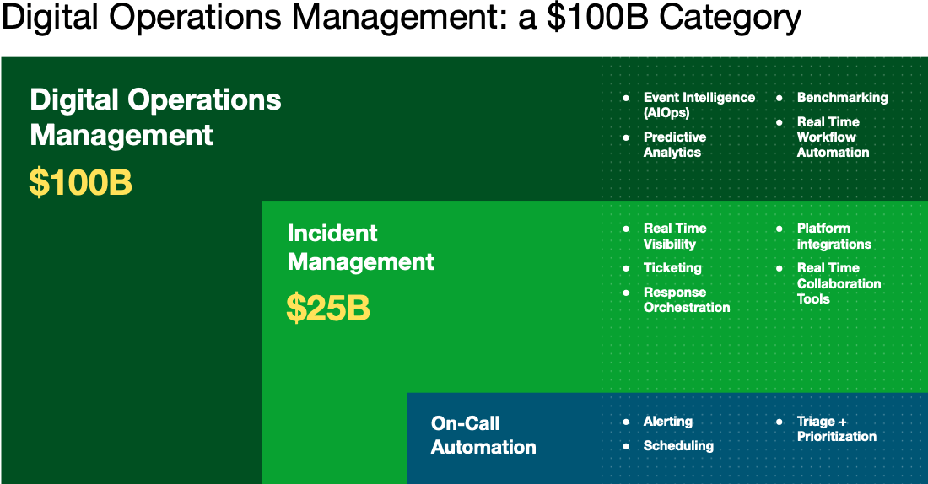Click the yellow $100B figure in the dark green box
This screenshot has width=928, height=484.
tap(81, 183)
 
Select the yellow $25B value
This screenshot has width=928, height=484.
tap(328, 309)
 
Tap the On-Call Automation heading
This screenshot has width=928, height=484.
tap(483, 435)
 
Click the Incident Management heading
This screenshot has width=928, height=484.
tap(360, 248)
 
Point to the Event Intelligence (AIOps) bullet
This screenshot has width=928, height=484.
tap(699, 105)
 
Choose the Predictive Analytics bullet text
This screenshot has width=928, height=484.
tap(674, 144)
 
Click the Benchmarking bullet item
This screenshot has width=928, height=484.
tap(842, 98)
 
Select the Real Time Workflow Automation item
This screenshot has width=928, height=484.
tap(833, 137)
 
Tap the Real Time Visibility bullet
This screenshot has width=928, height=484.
tap(674, 236)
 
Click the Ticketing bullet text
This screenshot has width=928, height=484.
tap(672, 268)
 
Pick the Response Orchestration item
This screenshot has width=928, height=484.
tap(686, 300)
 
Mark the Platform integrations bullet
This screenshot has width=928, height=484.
tap(834, 236)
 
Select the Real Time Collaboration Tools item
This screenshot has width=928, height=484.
tap(838, 283)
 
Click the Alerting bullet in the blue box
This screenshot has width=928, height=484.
tap(667, 422)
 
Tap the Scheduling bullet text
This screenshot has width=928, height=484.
tap(678, 446)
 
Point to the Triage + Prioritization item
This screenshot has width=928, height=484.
tap(836, 428)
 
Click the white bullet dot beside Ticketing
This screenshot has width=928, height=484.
tap(626, 268)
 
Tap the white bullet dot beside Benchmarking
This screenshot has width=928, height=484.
tap(780, 98)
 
